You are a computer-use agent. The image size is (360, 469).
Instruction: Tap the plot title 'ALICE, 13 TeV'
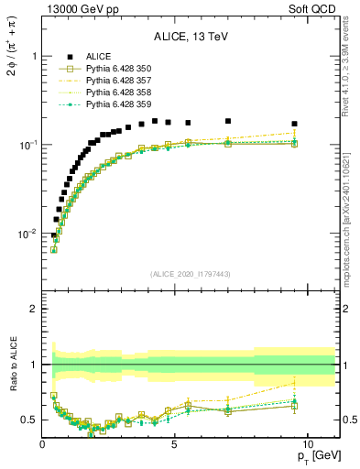click(190, 37)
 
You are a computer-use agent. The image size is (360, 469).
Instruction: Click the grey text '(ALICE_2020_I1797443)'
click(190, 273)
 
